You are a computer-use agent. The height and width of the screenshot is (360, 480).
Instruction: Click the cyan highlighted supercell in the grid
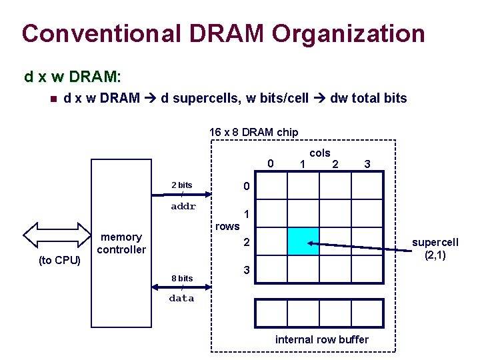click(303, 241)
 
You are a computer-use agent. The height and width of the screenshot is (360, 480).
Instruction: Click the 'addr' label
click(183, 207)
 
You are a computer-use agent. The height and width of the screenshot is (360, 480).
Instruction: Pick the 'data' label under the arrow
click(181, 299)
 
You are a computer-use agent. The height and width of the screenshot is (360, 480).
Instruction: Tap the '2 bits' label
click(182, 185)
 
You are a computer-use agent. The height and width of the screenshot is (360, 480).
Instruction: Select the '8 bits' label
click(182, 278)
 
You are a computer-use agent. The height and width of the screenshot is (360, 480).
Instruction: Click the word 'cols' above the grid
click(320, 153)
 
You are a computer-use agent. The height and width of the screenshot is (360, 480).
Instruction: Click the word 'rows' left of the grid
click(227, 227)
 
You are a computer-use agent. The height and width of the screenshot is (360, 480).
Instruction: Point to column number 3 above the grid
click(367, 164)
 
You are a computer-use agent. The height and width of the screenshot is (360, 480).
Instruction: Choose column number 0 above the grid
click(270, 164)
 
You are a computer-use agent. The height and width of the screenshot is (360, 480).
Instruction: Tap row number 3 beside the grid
click(246, 271)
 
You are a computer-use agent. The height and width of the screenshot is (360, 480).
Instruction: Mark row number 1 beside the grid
click(247, 215)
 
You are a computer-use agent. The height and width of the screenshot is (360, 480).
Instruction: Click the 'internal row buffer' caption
click(321, 340)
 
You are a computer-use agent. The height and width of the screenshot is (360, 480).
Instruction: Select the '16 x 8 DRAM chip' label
click(253, 132)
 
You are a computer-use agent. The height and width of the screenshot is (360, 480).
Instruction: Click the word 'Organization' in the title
click(348, 33)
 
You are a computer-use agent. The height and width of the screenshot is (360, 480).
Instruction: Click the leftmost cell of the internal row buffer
click(271, 313)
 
